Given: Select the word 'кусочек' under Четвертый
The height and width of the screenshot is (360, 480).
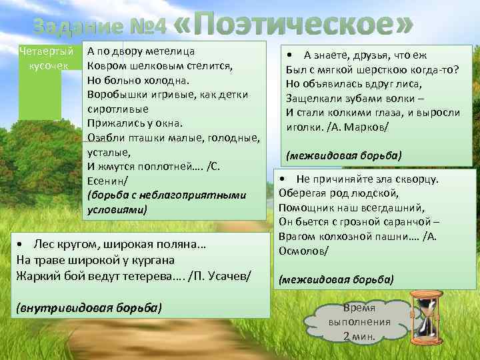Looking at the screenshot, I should tap(45, 65).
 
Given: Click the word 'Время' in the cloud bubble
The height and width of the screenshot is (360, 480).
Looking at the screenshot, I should tap(359, 307).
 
